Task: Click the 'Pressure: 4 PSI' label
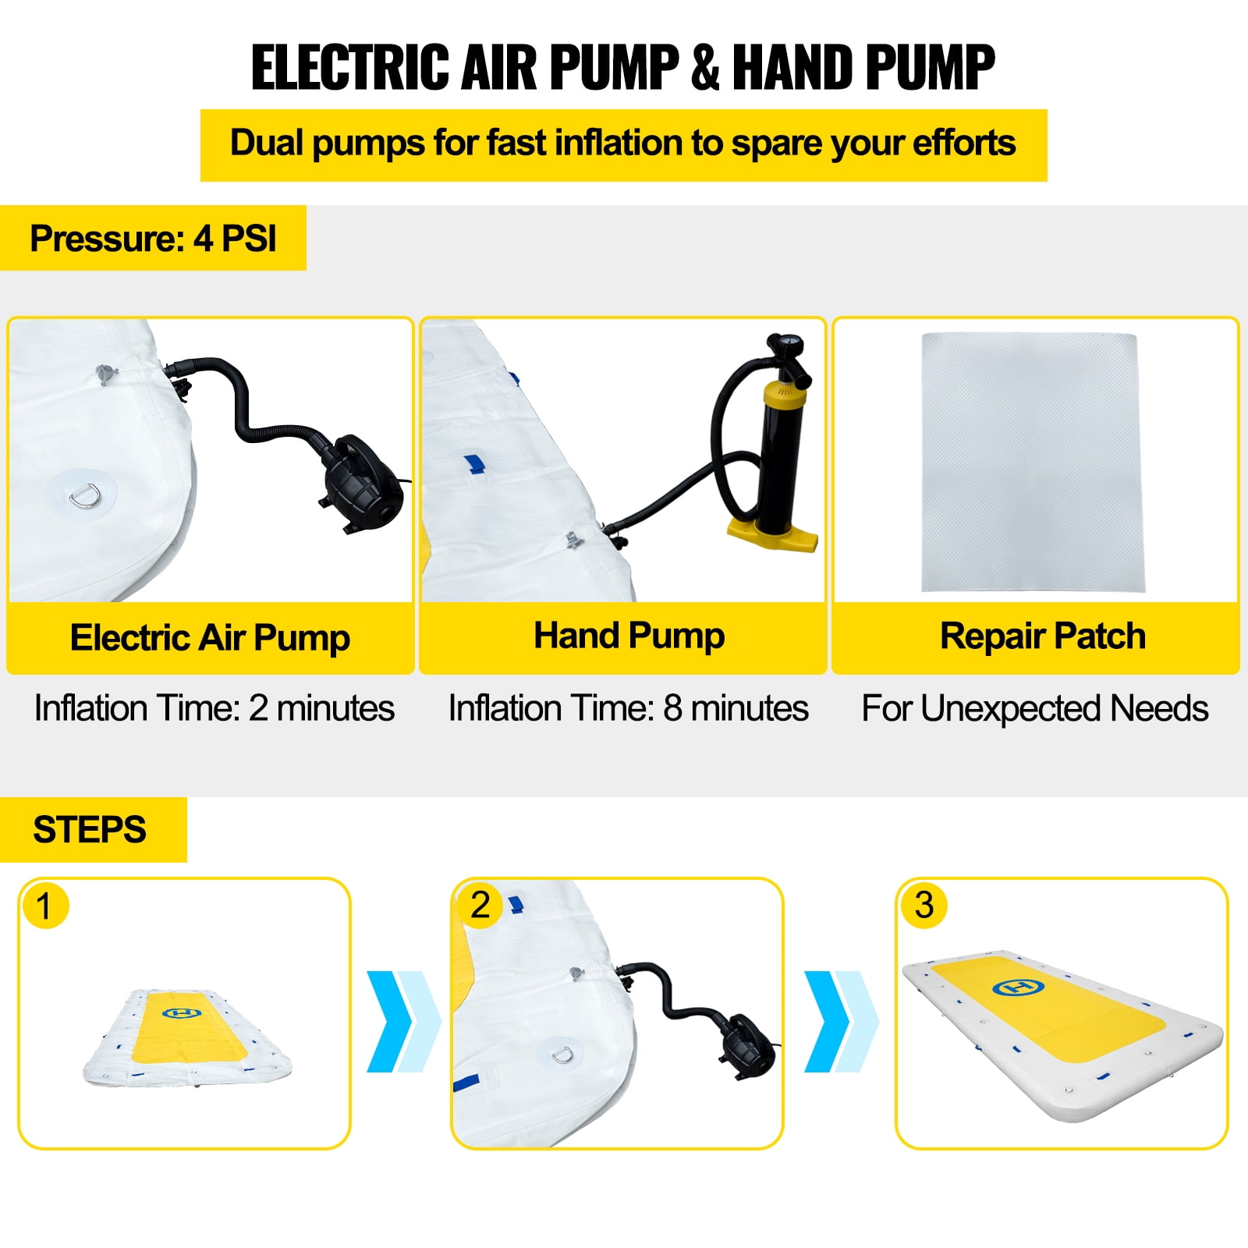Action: (x=153, y=239)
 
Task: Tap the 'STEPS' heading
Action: (x=90, y=830)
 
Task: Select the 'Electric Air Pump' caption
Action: (x=210, y=638)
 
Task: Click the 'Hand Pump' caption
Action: (x=629, y=636)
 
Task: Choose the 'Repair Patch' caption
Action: (x=1043, y=636)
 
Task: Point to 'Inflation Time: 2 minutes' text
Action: (x=214, y=708)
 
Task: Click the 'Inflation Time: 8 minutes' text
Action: (x=629, y=708)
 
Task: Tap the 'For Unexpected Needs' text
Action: (x=1035, y=709)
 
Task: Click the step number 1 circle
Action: (x=45, y=906)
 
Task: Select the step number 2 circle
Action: (x=480, y=906)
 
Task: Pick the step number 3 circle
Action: (x=924, y=906)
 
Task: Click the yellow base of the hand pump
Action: (x=773, y=535)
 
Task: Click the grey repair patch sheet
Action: (x=1033, y=462)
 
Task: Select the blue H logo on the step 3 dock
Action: (x=1018, y=987)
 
